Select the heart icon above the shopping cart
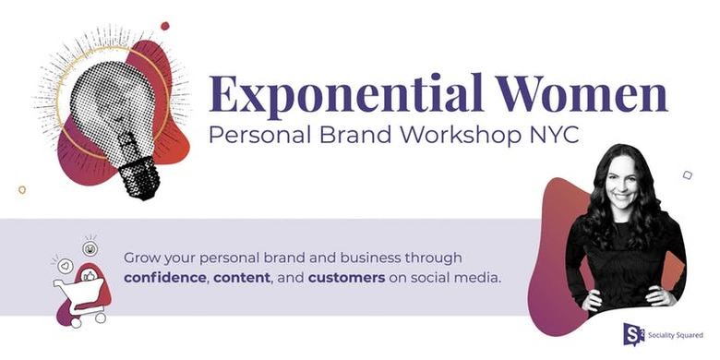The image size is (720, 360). click(x=66, y=265)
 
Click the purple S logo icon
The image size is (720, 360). click(x=633, y=333)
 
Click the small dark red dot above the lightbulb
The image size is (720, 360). click(x=164, y=26)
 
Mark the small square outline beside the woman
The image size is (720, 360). click(x=688, y=174)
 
